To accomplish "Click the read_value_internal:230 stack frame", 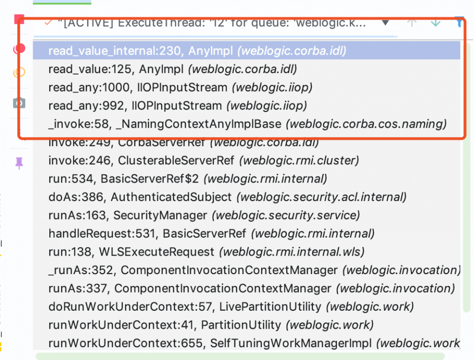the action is click(x=197, y=51).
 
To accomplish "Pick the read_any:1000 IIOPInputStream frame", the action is click(x=180, y=87).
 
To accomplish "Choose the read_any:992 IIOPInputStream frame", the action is click(x=177, y=106).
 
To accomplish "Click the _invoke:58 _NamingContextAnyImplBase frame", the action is click(x=247, y=124).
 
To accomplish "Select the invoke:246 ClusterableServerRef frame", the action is click(x=203, y=161).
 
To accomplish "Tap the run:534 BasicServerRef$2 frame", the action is click(x=187, y=179).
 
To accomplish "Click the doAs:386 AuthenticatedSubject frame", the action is click(x=227, y=197).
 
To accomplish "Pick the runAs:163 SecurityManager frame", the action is click(x=204, y=215).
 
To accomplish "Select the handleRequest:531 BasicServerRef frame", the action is click(x=211, y=233).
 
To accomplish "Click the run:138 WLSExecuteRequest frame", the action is click(x=206, y=252).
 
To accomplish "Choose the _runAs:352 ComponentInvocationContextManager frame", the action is click(x=254, y=270).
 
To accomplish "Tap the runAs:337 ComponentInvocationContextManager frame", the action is click(x=251, y=288).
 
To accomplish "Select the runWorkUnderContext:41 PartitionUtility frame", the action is click(x=211, y=325).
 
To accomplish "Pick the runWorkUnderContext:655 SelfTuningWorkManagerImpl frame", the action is click(x=254, y=343).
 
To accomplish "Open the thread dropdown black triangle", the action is click(x=385, y=22).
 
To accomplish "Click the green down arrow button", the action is click(x=435, y=22).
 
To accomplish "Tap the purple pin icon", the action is click(x=19, y=164).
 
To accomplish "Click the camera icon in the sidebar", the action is click(x=19, y=103).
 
